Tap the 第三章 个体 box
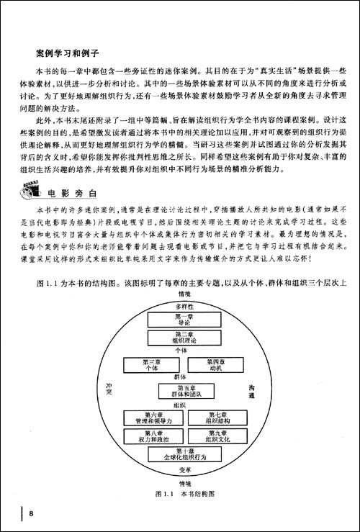tap(150, 364)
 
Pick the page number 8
tap(31, 513)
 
